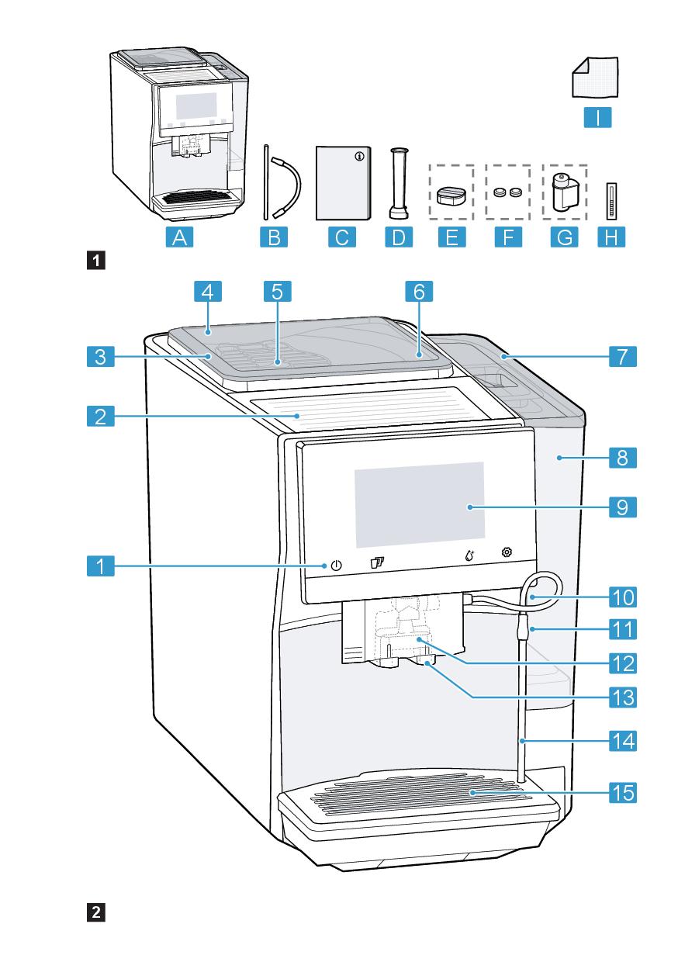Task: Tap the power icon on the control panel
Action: (335, 565)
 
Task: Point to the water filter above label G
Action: (563, 192)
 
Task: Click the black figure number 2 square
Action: (96, 912)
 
